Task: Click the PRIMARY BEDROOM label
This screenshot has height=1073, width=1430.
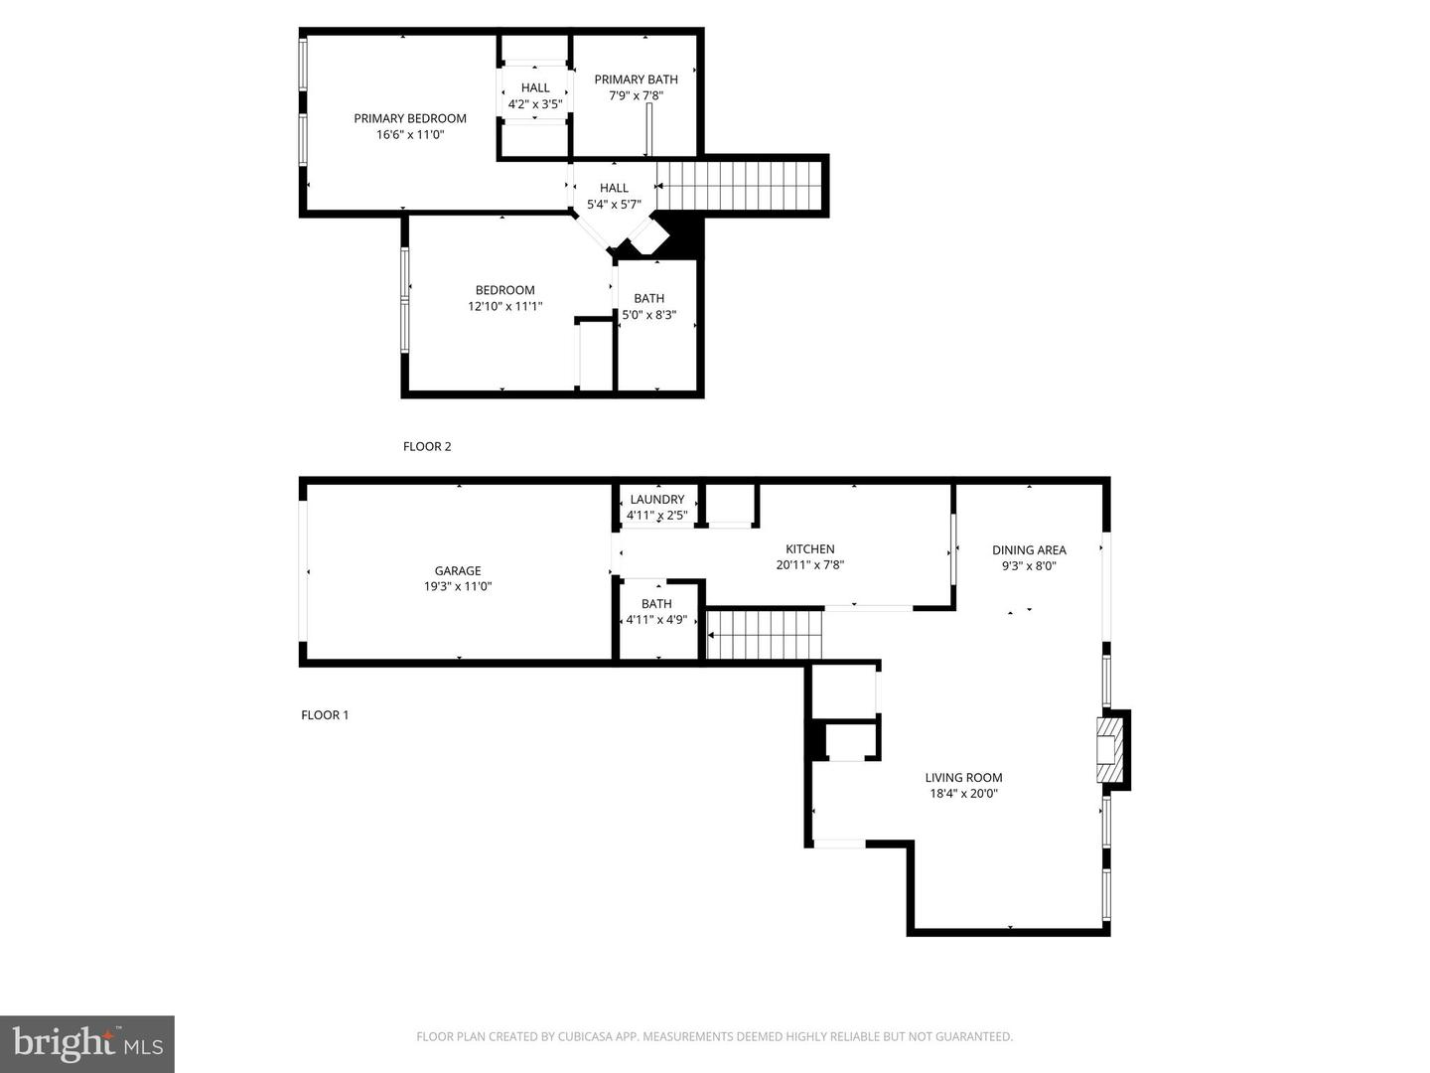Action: [x=410, y=118]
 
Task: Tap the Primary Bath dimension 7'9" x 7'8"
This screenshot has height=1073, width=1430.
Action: [x=636, y=95]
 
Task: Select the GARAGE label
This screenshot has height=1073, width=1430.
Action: [x=458, y=570]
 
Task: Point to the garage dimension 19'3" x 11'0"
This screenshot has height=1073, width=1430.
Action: [x=458, y=586]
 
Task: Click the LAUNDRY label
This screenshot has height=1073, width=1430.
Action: [x=657, y=500]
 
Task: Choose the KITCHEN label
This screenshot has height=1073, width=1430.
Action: [x=809, y=549]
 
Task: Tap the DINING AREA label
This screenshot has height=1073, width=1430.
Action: [x=1030, y=550]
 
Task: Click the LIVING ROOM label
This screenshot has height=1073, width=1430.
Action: [x=963, y=778]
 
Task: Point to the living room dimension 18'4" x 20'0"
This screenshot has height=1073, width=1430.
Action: [x=963, y=794]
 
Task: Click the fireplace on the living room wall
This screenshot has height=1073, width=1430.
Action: [x=1113, y=750]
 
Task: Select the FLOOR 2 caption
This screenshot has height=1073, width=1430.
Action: [x=427, y=447]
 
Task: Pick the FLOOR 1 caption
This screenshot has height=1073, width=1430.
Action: [x=325, y=715]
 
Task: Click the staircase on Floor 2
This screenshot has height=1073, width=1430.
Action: [x=738, y=186]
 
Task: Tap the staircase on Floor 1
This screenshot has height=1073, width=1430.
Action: [x=765, y=635]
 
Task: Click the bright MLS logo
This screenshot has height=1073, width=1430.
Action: [x=87, y=1044]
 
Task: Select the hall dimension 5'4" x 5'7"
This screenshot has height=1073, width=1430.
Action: [x=614, y=205]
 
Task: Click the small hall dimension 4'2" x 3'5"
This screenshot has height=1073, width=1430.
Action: [x=535, y=104]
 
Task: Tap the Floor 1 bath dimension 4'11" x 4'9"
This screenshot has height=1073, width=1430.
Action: [x=656, y=620]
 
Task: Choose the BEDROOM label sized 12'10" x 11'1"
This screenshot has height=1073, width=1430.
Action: [x=504, y=290]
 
